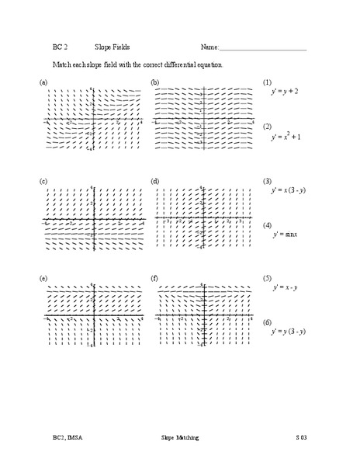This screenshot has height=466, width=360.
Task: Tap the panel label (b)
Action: tap(156, 82)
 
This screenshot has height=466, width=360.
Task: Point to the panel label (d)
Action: tap(156, 181)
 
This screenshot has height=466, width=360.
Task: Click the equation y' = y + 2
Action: tap(285, 92)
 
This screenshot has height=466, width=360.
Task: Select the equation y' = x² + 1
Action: tap(286, 137)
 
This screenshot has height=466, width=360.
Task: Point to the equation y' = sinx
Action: tap(285, 234)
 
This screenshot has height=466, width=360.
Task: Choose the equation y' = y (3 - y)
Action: tap(287, 332)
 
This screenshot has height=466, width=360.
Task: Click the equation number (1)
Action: tap(267, 82)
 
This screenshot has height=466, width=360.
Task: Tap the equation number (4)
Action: tap(267, 225)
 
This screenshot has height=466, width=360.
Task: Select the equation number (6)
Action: tap(267, 322)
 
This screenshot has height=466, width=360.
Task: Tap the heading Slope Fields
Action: tap(112, 47)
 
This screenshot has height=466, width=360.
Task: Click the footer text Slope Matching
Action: tap(180, 438)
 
